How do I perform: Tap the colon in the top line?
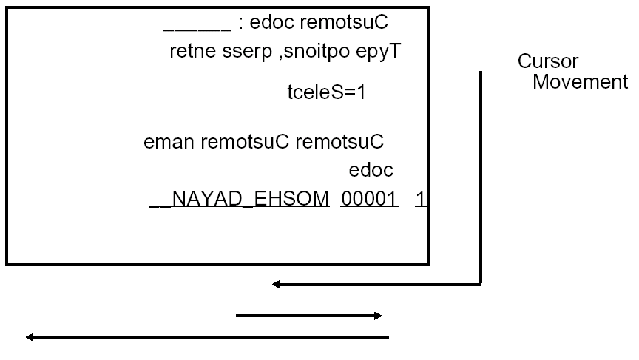241,24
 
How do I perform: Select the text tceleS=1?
326,93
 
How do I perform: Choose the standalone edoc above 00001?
371,171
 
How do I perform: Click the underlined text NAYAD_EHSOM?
240,199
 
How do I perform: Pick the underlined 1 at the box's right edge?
419,199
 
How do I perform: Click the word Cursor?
547,61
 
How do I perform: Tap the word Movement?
580,81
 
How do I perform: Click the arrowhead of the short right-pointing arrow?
378,316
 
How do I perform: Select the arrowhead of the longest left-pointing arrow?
30,338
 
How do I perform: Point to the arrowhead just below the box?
276,283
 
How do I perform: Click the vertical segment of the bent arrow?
481,177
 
